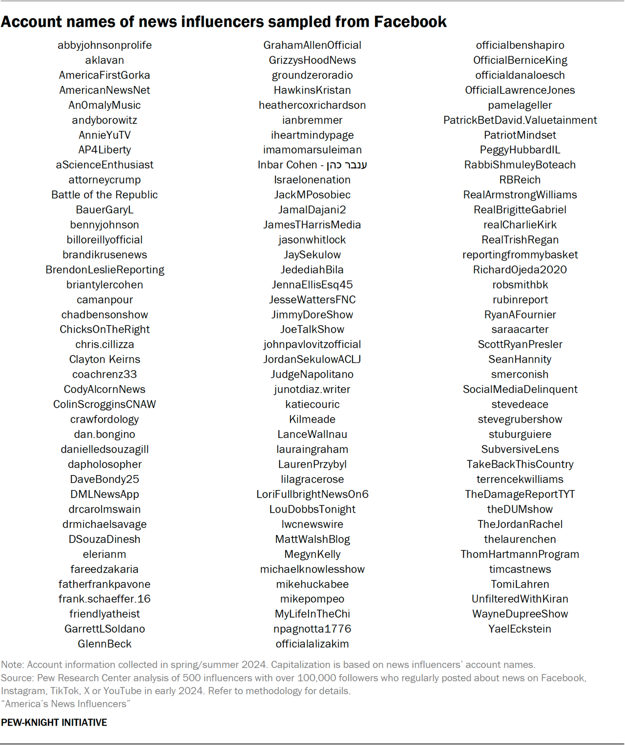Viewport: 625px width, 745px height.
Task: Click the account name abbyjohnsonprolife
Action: [104, 45]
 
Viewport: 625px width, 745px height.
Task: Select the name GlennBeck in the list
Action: [104, 644]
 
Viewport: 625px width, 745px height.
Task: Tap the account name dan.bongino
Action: [104, 435]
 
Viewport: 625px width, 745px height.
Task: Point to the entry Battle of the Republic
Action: [104, 195]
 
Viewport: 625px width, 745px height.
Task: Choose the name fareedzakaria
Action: [104, 569]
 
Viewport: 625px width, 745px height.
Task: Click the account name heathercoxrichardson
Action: [312, 105]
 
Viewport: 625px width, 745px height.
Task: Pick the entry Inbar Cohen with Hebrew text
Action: [312, 165]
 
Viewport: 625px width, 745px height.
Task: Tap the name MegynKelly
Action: [312, 554]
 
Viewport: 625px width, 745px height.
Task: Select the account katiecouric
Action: [312, 404]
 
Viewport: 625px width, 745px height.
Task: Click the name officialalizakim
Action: [312, 644]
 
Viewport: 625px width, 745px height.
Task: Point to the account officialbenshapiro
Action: [520, 45]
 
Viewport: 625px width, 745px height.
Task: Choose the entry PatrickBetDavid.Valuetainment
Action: [520, 120]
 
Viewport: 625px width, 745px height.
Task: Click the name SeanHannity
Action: [520, 359]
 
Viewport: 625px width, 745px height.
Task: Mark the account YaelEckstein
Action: [520, 629]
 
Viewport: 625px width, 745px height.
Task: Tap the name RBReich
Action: [520, 180]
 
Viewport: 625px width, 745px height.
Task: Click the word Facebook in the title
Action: [410, 22]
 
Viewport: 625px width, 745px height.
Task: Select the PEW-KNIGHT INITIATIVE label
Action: [54, 723]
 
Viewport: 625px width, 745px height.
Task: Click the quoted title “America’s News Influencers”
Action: [65, 704]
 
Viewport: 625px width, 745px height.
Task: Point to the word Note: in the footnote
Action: [13, 664]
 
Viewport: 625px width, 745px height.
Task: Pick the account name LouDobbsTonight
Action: [312, 509]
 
